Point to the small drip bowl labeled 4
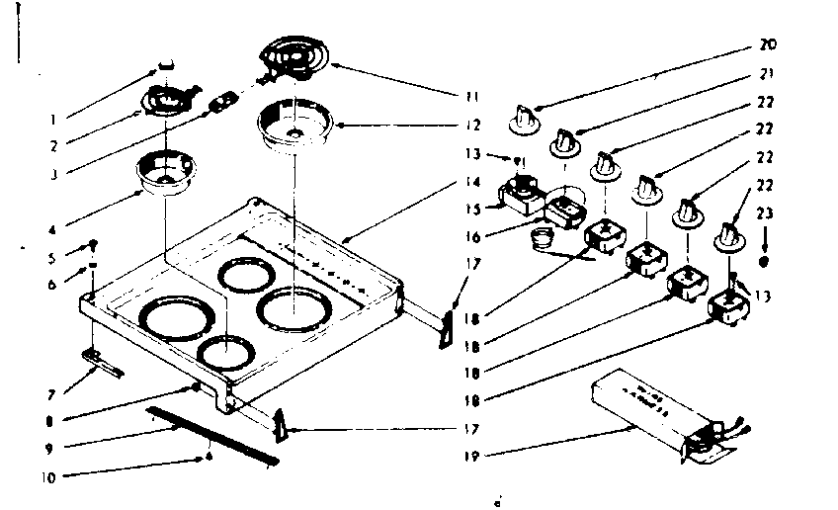(x=166, y=172)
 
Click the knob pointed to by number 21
(x=565, y=141)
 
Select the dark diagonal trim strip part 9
(x=211, y=434)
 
